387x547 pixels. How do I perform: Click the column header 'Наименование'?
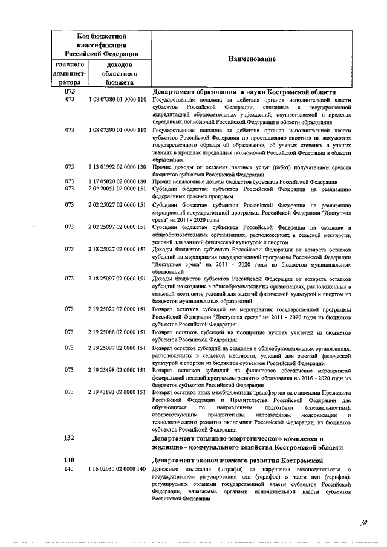coord(252,59)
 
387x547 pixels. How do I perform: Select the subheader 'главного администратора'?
coord(70,73)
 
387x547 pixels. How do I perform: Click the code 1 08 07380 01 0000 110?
coord(117,99)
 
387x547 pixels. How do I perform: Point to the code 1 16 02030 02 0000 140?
coord(117,470)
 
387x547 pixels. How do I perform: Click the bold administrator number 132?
coord(69,438)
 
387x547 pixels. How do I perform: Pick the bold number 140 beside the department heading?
coord(69,461)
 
